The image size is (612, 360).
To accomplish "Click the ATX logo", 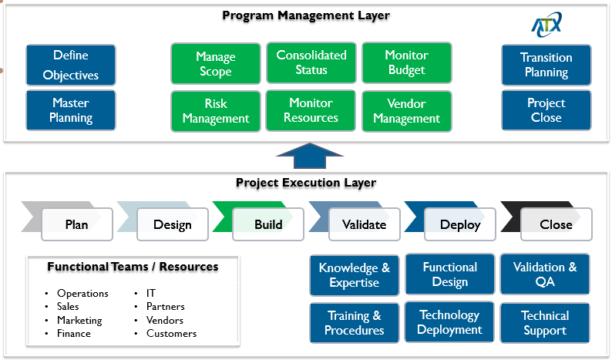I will click(546, 25).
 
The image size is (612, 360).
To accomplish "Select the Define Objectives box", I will click(71, 66).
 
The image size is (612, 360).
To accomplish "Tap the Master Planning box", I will click(71, 111).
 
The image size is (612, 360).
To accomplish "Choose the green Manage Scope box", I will click(215, 65).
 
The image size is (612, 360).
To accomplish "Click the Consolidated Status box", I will click(311, 63).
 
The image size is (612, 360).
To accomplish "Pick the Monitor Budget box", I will click(406, 63).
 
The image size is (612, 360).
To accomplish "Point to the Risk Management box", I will click(216, 112).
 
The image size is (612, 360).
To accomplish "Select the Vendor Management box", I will click(406, 111).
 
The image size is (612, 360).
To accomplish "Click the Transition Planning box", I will click(546, 65).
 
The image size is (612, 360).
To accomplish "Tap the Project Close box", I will click(546, 110).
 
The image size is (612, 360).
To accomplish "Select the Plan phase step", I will click(76, 224).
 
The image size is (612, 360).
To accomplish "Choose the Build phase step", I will click(268, 224).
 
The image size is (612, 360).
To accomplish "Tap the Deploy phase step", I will click(460, 224).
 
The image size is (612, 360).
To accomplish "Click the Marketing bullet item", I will click(79, 320).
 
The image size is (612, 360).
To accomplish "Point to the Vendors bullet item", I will click(165, 320).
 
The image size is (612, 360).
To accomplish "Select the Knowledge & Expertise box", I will click(355, 275).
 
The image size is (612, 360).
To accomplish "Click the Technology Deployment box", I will click(450, 322).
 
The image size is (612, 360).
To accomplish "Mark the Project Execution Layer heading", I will click(306, 183).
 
